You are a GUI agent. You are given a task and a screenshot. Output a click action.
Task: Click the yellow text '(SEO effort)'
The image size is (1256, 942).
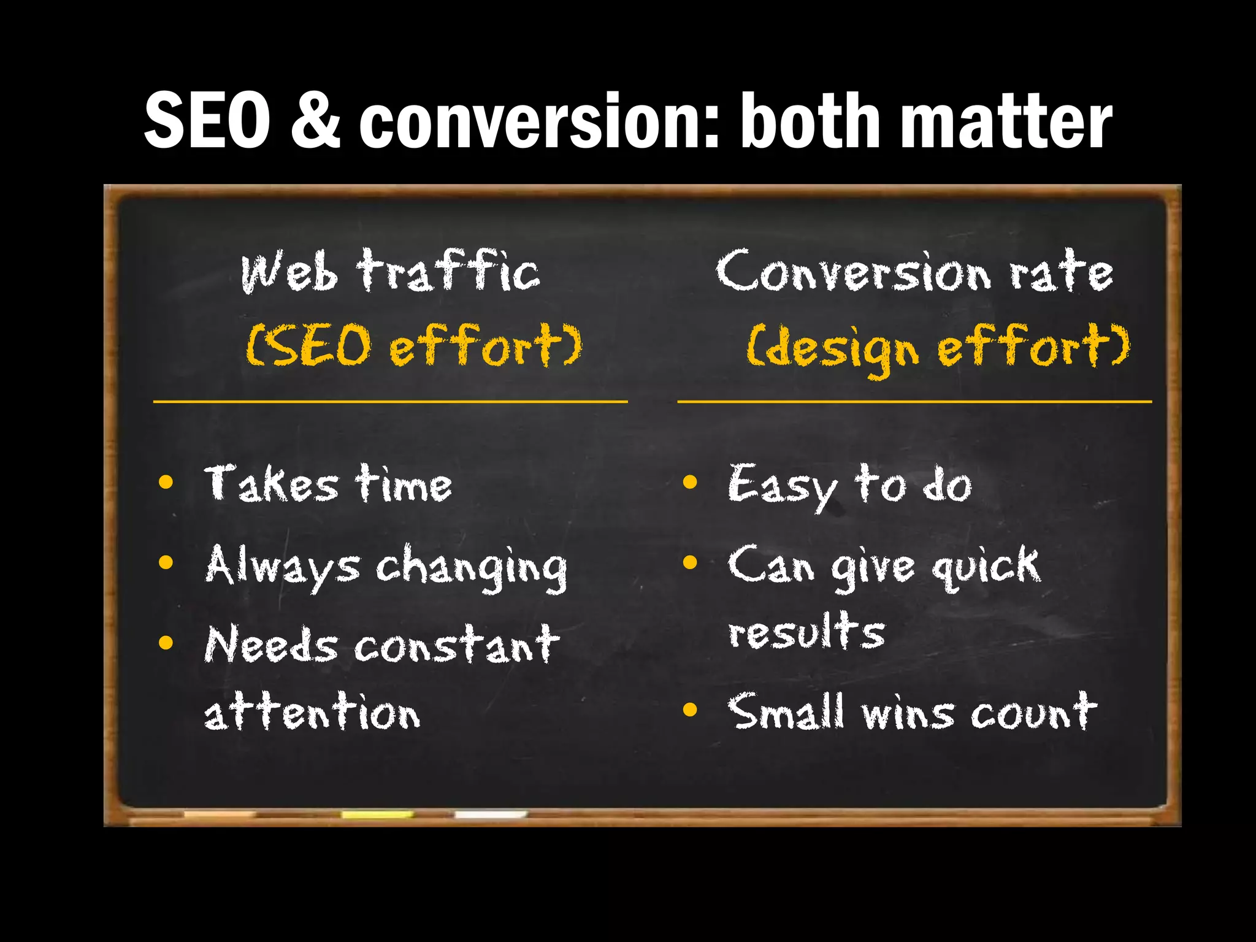[414, 347]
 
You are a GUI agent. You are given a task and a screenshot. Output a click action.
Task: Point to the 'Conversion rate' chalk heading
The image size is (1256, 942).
[914, 272]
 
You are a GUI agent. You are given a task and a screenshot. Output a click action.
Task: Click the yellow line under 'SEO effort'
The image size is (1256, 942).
[390, 402]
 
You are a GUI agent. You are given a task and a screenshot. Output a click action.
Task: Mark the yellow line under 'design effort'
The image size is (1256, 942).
[914, 402]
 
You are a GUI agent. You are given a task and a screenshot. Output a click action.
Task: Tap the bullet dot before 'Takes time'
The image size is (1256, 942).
[166, 482]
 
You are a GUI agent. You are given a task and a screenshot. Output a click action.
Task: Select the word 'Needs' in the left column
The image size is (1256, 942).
[270, 645]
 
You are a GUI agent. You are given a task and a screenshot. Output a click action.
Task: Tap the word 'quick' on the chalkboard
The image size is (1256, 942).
[986, 566]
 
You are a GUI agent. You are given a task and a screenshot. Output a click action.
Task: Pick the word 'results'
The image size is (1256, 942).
[806, 632]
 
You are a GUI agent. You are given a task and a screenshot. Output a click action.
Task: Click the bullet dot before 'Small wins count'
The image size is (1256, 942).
[690, 710]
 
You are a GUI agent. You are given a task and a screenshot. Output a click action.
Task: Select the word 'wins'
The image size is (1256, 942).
[908, 714]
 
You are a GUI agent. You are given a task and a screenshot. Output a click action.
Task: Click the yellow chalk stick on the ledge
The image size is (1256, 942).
[377, 814]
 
